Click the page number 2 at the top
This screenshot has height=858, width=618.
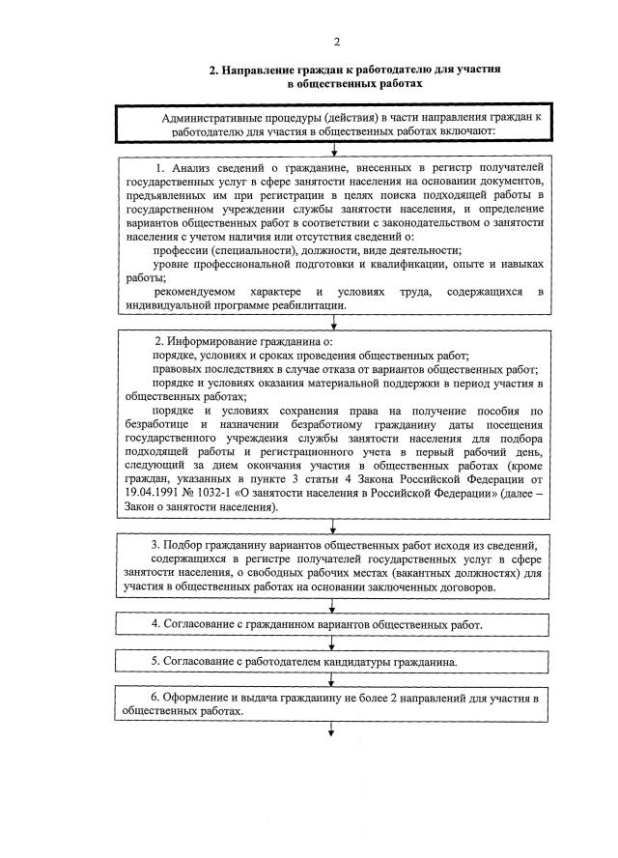[x=336, y=41]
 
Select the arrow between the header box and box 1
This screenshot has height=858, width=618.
[x=333, y=149]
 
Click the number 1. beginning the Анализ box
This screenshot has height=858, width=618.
[x=159, y=168]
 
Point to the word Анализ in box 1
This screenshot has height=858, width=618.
[x=193, y=168]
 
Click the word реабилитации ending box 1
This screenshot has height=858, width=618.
[x=310, y=304]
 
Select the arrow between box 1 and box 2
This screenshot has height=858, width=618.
[x=333, y=323]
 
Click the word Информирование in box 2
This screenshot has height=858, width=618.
[x=221, y=342]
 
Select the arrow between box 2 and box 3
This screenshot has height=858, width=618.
[x=333, y=525]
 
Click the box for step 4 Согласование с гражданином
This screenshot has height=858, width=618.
[x=333, y=625]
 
